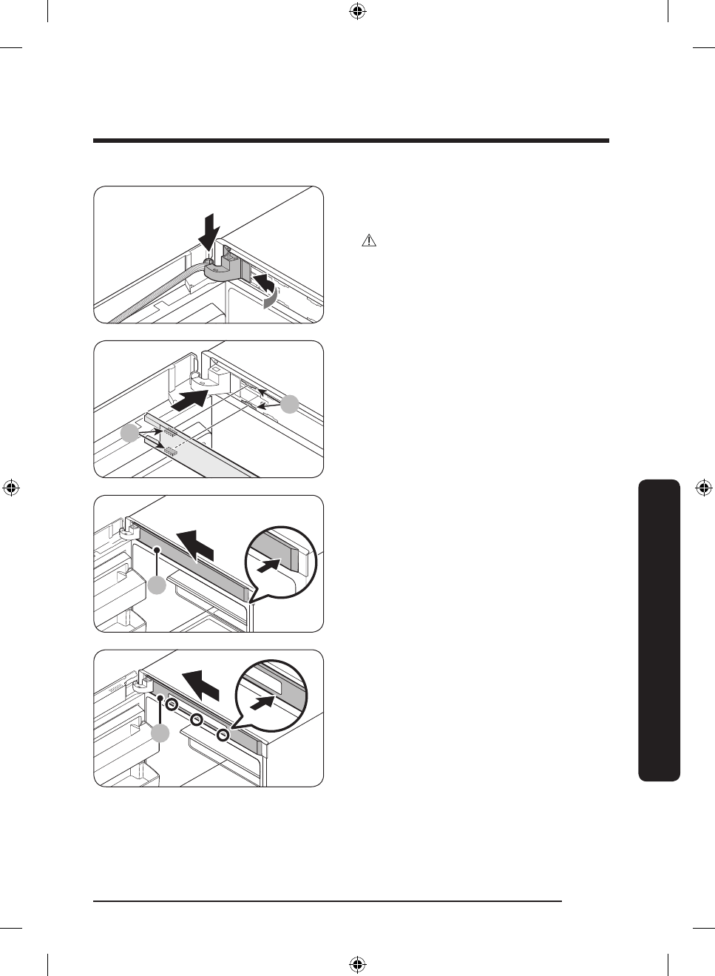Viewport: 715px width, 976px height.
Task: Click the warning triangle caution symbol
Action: point(368,240)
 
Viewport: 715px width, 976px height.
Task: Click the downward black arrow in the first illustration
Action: point(210,232)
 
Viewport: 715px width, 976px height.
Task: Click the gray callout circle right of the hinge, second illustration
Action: point(291,404)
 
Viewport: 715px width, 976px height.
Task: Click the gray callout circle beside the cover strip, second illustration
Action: point(130,434)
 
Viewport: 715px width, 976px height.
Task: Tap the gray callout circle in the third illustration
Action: point(157,585)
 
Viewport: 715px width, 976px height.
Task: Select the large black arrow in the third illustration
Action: point(197,545)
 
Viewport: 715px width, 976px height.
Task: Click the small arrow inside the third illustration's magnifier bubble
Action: point(270,565)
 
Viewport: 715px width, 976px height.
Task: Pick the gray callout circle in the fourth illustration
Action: point(160,733)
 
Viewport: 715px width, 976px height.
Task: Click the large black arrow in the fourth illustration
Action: point(202,683)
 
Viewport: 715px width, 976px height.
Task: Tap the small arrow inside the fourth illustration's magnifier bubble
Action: point(262,699)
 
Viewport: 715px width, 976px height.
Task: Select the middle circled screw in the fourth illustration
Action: point(197,720)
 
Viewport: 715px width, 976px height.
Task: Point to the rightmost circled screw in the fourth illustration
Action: point(223,735)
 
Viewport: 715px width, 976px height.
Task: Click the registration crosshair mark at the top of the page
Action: point(357,11)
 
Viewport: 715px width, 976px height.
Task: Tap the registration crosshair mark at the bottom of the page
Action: point(357,964)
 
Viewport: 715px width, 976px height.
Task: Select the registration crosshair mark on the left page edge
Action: point(10,488)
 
